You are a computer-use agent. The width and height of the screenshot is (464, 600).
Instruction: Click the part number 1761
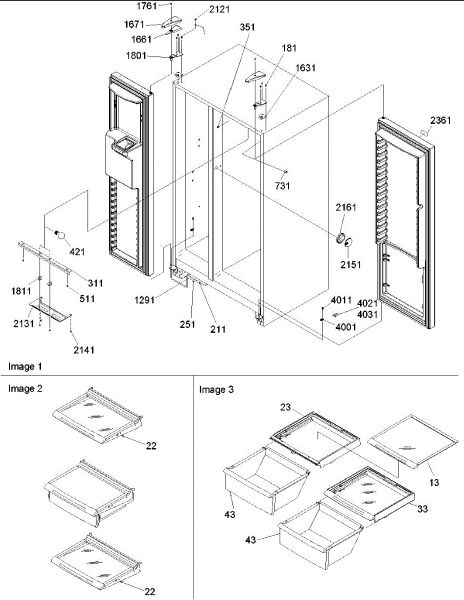[148, 5]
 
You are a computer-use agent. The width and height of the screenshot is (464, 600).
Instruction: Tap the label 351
[247, 27]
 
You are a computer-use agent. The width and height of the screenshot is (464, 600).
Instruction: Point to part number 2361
[439, 120]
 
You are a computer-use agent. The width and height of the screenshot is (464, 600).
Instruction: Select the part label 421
[77, 251]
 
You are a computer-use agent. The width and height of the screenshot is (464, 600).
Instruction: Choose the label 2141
[83, 350]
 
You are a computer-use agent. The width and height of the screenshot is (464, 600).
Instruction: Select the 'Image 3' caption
[216, 389]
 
